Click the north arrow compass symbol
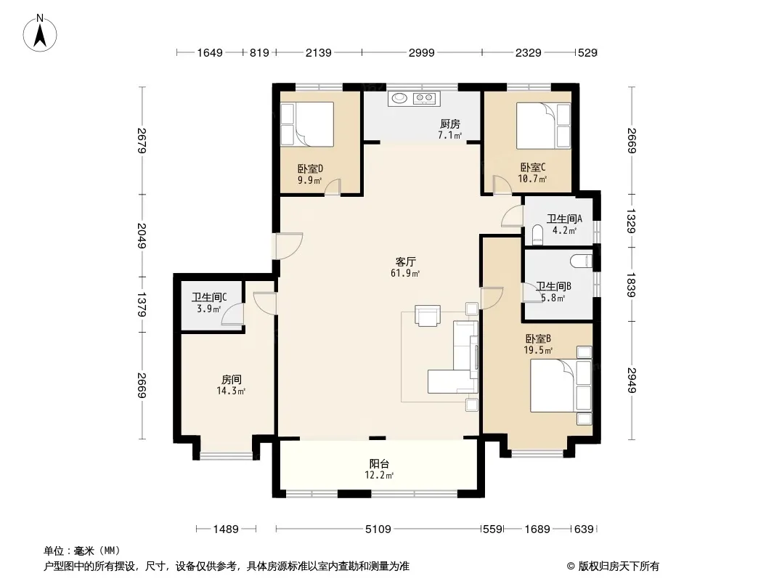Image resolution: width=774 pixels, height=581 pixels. coord(40,33)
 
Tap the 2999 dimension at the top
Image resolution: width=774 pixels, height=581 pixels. coord(422,52)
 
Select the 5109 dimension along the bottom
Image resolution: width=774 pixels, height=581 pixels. coord(378,529)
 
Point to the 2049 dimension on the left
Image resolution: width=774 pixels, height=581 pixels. coord(142,236)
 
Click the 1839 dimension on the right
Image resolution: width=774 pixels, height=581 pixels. coord(632,285)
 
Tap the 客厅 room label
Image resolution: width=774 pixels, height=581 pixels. coord(404,261)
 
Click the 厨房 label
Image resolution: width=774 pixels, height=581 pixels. coord(449,124)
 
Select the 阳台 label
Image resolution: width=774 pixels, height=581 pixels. coord(379,464)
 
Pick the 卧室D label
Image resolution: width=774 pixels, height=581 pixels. coord(310,168)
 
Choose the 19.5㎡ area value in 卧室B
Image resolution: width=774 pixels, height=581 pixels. coord(538,351)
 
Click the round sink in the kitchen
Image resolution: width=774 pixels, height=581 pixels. coord(399,98)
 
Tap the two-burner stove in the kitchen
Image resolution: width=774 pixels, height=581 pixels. coord(424,98)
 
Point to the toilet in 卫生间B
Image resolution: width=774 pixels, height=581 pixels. coord(581,260)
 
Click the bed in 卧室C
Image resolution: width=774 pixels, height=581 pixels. coord(544,126)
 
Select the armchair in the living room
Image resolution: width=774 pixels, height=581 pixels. coord(428,316)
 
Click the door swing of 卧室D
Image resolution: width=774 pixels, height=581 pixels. coord(333,187)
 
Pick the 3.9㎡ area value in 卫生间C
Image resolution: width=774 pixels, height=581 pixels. coord(209,309)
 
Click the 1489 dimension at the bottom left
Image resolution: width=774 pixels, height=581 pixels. coord(226,529)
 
